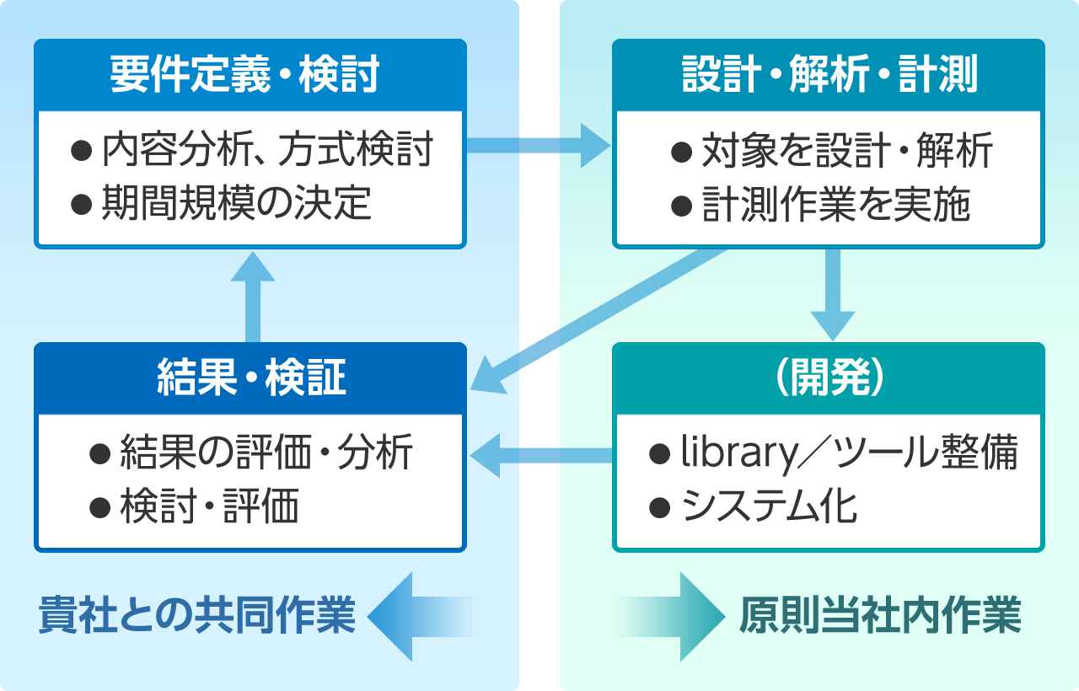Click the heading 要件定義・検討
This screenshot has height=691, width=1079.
244,75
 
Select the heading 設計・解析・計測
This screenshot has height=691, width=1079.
829,75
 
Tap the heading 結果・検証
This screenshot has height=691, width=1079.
251,378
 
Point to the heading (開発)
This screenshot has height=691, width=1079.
829,378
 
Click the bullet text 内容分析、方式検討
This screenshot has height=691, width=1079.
267,149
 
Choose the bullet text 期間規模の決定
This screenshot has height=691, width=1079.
237,203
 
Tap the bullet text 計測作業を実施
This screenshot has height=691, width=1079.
836,204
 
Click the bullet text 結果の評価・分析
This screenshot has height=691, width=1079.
266,452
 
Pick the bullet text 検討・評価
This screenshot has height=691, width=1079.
210,506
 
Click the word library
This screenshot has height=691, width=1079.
739,453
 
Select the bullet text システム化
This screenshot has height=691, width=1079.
770,506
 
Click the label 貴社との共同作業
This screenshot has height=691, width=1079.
197,615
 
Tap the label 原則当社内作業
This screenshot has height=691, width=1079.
880,615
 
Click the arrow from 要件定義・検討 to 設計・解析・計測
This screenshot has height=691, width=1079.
539,146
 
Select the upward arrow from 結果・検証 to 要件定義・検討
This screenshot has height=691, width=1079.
253,297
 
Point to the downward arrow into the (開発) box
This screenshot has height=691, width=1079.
833,295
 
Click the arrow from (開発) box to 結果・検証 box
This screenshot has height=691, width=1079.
541,456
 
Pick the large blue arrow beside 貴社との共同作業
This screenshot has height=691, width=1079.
423,617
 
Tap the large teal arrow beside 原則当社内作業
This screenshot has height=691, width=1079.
670,617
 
